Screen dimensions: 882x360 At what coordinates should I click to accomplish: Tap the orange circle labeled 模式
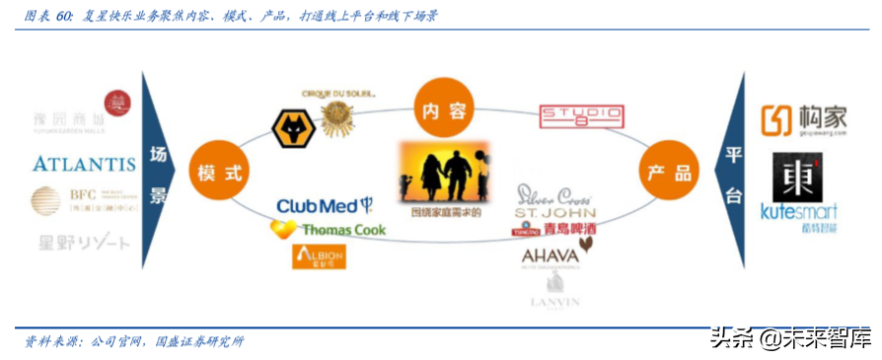point(219,172)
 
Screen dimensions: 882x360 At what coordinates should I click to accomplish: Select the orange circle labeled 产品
point(669,172)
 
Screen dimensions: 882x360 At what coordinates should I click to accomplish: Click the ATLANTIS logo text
point(84,163)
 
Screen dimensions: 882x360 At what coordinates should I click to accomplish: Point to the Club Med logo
point(324,205)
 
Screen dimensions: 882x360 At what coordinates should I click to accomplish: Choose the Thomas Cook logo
point(330,230)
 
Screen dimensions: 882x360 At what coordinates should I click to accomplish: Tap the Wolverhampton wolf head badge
point(293,128)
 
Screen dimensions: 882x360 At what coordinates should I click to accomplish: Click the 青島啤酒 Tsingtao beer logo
point(556,229)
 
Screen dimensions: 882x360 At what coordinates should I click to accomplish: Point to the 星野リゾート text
point(84,242)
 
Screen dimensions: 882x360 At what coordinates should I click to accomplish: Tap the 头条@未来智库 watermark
point(790,338)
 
